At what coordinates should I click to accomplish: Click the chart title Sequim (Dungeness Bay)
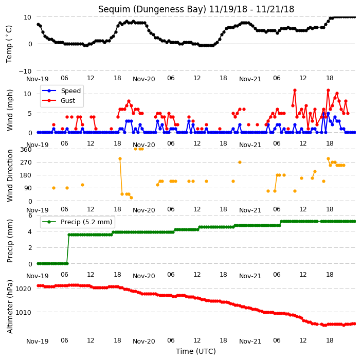coord(152,9)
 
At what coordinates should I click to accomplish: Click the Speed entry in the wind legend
coord(70,91)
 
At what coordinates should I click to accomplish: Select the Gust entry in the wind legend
coord(68,100)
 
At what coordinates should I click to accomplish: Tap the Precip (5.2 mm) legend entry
coord(86,222)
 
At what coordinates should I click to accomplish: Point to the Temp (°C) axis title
coord(9,44)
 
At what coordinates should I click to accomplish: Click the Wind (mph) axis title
coord(10,111)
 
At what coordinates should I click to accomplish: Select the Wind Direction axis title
coord(10,175)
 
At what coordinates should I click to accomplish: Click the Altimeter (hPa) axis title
coord(10,307)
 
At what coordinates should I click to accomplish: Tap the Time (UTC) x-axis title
coord(196,351)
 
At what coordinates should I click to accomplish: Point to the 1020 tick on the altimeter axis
coord(23,289)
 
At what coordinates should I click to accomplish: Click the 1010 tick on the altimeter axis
coord(23,312)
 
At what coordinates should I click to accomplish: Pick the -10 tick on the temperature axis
coord(25,71)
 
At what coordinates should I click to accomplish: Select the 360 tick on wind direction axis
coord(26,149)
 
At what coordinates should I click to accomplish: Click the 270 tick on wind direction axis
coord(26,163)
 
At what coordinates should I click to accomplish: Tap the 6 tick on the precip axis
coord(30,215)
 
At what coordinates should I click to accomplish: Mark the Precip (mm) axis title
coord(10,241)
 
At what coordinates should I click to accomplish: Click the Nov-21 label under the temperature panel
coord(250,79)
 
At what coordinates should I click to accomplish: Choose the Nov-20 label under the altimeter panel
coord(143,341)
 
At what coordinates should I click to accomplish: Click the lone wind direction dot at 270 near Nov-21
coord(240,163)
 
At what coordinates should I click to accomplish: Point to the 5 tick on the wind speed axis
coord(30,113)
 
